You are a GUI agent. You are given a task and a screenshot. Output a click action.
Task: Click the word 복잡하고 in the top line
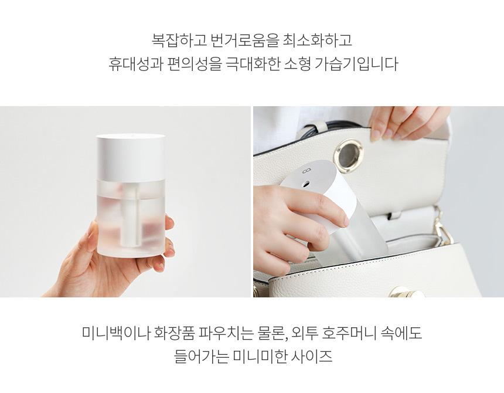tap(178, 40)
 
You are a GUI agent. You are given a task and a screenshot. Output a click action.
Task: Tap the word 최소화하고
tap(317, 40)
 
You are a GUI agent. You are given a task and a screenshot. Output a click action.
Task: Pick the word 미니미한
tap(260, 356)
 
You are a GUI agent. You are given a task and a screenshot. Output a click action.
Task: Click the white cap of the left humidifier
tap(131, 157)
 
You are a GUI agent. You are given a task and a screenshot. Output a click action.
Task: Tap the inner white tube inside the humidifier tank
tap(131, 219)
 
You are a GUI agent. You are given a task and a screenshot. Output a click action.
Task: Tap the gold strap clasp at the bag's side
tap(444, 227)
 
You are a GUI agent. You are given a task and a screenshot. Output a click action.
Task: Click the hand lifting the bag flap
tap(407, 123)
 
